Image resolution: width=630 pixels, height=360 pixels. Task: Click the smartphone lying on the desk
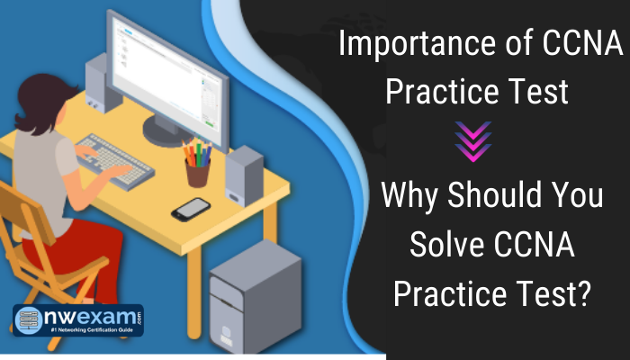pyautogui.click(x=191, y=208)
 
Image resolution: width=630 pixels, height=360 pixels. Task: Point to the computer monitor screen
pyautogui.click(x=166, y=67)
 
